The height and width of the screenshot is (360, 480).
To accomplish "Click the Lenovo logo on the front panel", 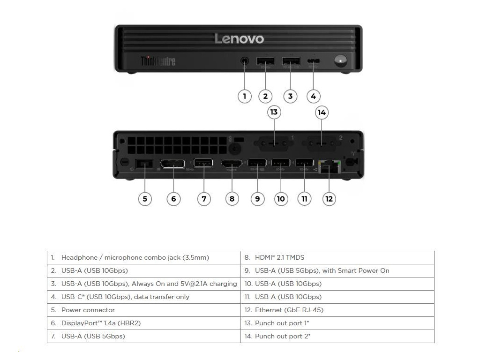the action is click(x=239, y=39).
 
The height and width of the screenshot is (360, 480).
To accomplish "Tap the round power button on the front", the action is click(x=340, y=61).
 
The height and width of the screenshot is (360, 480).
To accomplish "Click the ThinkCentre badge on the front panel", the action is click(x=158, y=61).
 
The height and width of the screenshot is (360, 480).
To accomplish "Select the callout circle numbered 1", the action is click(x=244, y=96).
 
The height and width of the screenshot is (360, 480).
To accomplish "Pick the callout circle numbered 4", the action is click(x=313, y=96).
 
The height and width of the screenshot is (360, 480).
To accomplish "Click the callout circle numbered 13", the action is click(x=274, y=112).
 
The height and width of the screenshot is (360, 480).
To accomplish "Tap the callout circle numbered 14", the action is click(x=322, y=112).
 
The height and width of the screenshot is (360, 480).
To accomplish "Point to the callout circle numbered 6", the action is click(x=173, y=199).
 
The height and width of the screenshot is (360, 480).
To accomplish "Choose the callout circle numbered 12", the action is click(x=329, y=199).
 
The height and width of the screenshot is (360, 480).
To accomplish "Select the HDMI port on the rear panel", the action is click(x=232, y=164).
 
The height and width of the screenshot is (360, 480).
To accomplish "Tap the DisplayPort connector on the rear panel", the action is click(x=172, y=164).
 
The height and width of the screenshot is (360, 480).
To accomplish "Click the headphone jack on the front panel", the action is click(x=244, y=61).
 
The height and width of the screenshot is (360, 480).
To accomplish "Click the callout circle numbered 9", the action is click(x=257, y=199).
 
